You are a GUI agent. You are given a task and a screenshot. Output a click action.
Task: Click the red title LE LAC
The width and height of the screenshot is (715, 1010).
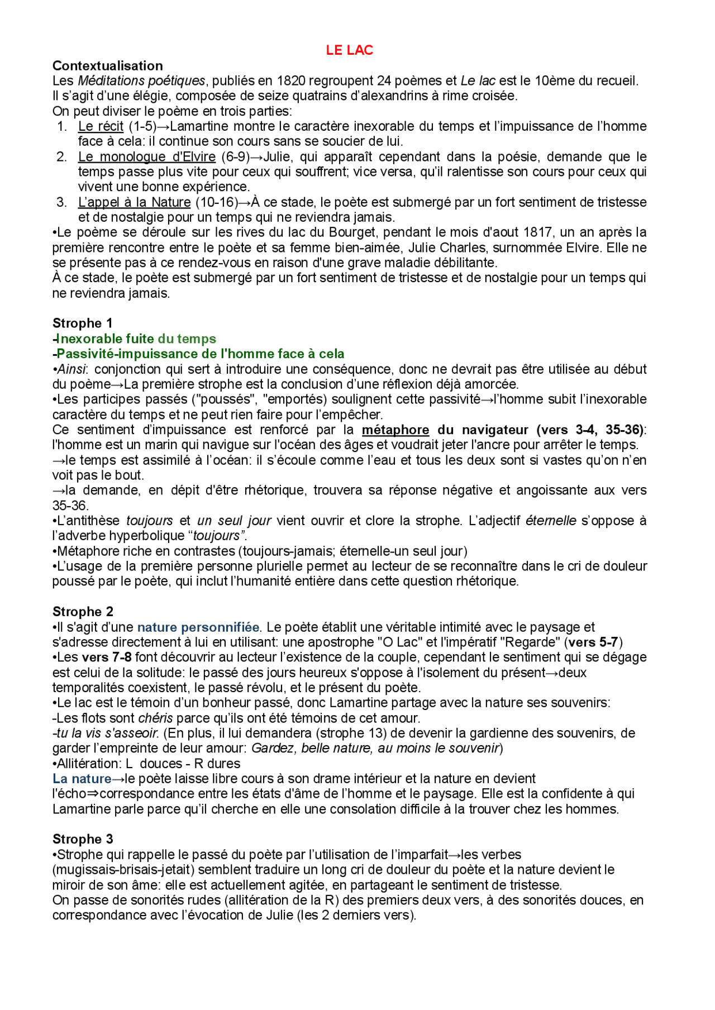coord(349,50)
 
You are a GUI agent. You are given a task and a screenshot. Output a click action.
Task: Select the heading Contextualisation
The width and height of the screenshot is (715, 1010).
coord(108,66)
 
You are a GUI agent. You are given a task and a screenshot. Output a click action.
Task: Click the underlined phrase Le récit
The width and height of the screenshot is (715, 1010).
coord(101,126)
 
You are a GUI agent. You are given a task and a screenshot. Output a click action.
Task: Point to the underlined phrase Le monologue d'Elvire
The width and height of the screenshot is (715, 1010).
coord(146,157)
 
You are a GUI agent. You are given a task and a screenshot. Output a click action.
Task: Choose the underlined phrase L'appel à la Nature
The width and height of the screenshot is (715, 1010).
coord(134,202)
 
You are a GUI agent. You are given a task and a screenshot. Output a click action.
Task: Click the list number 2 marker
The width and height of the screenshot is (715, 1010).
coord(62,157)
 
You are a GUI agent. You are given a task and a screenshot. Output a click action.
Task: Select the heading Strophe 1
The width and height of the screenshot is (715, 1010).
coord(83,323)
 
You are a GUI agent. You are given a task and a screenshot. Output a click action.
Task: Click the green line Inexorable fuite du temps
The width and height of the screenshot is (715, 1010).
coord(135,339)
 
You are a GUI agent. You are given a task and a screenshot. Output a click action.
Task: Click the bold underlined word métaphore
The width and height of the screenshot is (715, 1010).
coord(395,430)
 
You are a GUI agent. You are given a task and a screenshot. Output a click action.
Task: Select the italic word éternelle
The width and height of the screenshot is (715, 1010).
coord(551,521)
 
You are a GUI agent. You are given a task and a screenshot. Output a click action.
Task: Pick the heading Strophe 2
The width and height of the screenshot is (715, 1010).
coord(83,612)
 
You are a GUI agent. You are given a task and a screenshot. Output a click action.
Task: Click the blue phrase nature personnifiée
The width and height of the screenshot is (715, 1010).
coord(198,627)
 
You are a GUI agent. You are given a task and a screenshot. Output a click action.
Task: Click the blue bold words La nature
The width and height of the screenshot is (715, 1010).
coord(82,779)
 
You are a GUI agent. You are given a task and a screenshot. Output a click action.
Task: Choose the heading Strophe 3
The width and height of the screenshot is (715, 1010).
coord(83,839)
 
